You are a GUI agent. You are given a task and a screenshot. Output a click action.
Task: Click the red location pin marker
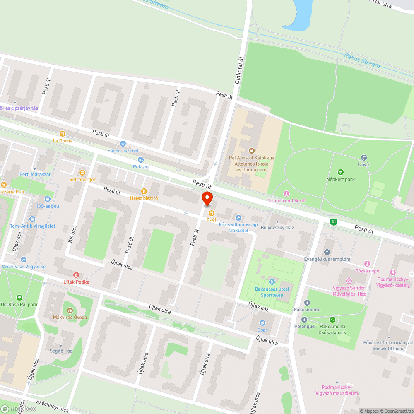(x=207, y=199)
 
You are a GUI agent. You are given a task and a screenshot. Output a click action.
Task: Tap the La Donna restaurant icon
(x=63, y=134)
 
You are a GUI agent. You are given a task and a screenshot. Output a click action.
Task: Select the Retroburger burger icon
(x=82, y=172)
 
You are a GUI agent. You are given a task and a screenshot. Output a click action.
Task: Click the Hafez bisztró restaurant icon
(x=144, y=191)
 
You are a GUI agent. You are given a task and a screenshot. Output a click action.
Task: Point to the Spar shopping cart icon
(x=262, y=323)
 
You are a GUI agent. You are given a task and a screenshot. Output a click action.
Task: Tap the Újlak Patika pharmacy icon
(x=76, y=275)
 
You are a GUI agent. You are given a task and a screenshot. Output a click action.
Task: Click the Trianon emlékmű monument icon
(x=286, y=194)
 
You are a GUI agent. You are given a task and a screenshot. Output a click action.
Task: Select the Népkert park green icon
(x=341, y=172)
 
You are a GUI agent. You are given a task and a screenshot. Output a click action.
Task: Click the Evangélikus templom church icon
(x=327, y=252)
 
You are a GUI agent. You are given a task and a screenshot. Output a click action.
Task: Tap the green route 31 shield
(x=333, y=222)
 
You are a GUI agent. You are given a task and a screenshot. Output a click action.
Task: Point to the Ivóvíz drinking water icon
(x=364, y=158)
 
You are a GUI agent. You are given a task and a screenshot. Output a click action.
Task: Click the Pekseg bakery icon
(x=140, y=160)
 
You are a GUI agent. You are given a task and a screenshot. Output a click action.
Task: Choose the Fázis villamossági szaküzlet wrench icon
(x=238, y=217)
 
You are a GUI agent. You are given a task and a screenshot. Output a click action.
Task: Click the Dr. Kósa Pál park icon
(x=19, y=298)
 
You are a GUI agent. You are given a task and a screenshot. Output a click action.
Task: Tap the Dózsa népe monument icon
(x=367, y=264)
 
